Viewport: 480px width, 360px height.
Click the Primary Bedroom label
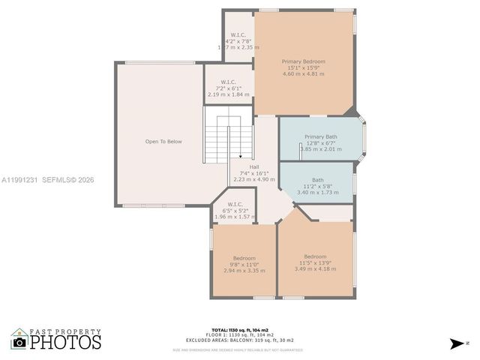[x=304, y=61]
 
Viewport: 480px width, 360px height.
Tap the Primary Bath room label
[x=320, y=136]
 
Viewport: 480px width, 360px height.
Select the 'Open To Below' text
[x=163, y=141]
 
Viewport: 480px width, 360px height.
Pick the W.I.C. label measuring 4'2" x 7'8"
[x=238, y=34]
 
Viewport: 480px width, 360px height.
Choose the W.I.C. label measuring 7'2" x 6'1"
[x=229, y=82]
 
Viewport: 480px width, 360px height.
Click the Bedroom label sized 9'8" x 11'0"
[x=244, y=258]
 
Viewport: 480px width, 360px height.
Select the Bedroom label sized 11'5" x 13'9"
[x=315, y=256]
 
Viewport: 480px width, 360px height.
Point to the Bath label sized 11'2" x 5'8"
[x=318, y=180]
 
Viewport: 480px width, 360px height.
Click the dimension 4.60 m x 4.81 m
[x=304, y=73]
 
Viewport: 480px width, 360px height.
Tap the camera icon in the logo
[x=19, y=342]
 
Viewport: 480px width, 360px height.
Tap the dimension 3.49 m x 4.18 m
[x=315, y=269]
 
